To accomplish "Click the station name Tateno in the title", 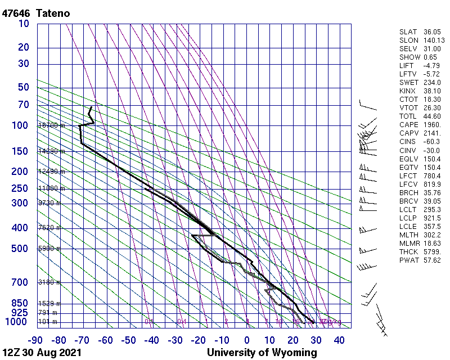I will pyautogui.click(x=53, y=13).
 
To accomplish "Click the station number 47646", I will pyautogui.click(x=16, y=13).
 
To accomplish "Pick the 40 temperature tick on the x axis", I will pyautogui.click(x=340, y=340).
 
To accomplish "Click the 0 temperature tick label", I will pyautogui.click(x=247, y=340).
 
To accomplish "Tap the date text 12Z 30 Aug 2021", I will pyautogui.click(x=42, y=353).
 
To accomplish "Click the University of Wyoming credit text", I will pyautogui.click(x=262, y=353).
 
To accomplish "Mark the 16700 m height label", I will pyautogui.click(x=51, y=125).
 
